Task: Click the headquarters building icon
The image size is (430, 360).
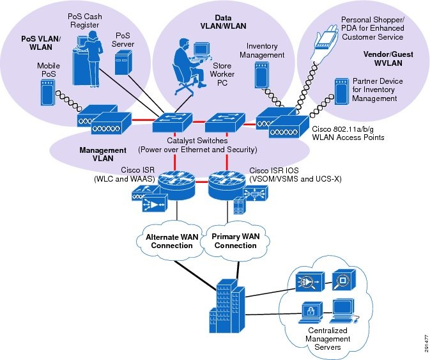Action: (224, 306)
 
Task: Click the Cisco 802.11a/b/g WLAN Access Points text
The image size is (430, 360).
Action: (348, 133)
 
